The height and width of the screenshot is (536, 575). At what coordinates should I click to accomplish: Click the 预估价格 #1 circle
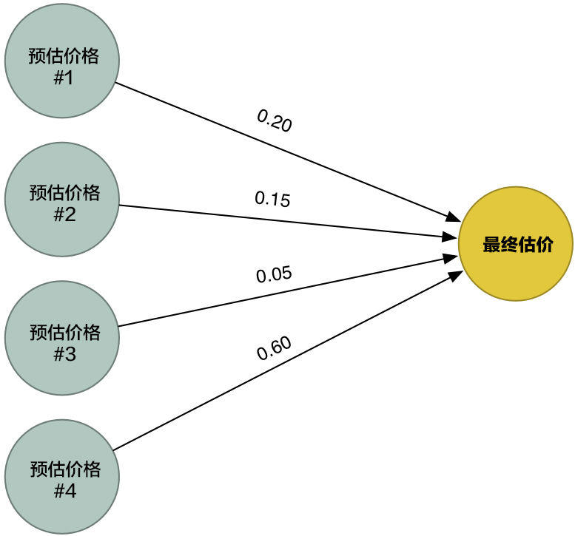point(62,61)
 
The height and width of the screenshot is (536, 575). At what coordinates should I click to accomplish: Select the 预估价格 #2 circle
point(62,200)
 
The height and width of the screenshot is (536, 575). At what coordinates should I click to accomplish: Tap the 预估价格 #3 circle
point(62,338)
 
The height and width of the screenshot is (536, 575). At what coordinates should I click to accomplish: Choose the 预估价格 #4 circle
point(62,477)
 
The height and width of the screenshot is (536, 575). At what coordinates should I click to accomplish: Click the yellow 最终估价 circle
point(516,244)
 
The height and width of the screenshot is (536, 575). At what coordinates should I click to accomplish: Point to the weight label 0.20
point(275,121)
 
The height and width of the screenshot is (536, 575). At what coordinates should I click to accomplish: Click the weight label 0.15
point(272,200)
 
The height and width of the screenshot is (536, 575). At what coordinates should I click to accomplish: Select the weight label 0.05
point(274,274)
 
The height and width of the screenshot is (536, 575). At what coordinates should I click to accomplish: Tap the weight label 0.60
point(274,348)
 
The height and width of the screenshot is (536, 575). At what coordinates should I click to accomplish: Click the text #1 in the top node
point(64,78)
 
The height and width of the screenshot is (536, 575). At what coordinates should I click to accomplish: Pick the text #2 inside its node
point(64,214)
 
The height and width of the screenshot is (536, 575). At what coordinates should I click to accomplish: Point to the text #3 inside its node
point(65,354)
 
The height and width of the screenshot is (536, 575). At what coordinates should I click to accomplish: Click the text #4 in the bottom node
point(65,491)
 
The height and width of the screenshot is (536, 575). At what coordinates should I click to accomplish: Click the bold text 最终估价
point(518,245)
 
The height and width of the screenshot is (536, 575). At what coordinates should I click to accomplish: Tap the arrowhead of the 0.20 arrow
point(454,217)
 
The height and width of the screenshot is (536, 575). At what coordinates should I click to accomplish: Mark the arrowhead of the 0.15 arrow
point(450,237)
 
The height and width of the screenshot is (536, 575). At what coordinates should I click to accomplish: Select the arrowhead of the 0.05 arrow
point(451,258)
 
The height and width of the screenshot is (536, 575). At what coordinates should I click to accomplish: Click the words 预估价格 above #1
point(64,56)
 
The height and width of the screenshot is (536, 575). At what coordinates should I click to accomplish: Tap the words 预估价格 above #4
point(65,469)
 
